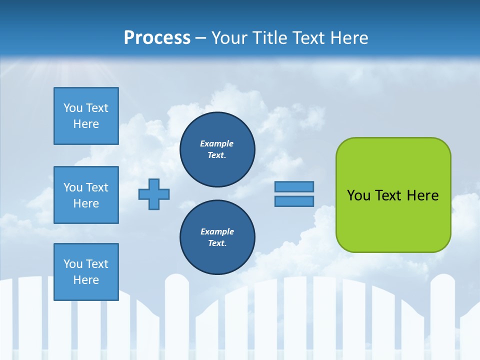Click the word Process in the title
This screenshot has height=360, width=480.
pos(157,38)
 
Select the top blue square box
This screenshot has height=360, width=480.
pos(86,116)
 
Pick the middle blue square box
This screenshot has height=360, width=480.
pos(86,195)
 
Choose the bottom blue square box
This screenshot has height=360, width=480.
pos(86,272)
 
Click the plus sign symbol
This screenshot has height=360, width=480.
pos(154,194)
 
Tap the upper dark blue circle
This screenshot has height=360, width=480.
pos(217,149)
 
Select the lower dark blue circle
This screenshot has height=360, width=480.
pos(217,237)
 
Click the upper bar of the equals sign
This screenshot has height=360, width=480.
pos(294,186)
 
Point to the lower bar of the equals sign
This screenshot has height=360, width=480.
pos(294,201)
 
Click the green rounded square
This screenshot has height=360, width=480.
pos(393,195)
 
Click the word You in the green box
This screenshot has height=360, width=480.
pos(359,195)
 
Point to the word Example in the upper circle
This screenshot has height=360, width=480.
pos(216,143)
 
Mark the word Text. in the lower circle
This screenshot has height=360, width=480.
pos(217,243)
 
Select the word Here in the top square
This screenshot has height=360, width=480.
pos(86,124)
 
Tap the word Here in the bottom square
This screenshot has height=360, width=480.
pos(86,280)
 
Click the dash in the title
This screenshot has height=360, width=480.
pos(200,38)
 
